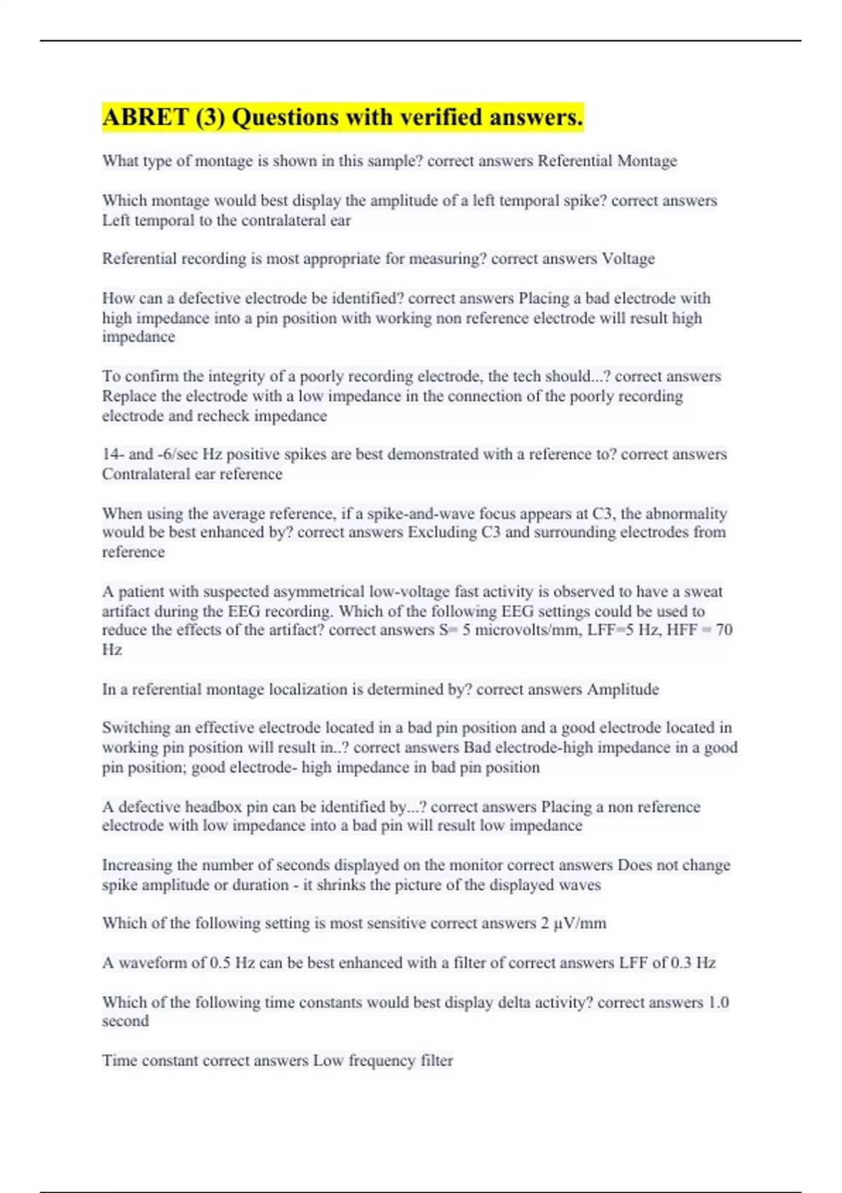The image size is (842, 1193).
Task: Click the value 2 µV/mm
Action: pyautogui.click(x=573, y=924)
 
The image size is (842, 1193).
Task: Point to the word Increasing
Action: pyautogui.click(x=138, y=865)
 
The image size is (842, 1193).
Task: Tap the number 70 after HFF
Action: pyautogui.click(x=723, y=630)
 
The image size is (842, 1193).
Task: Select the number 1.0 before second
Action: pyautogui.click(x=719, y=1002)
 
